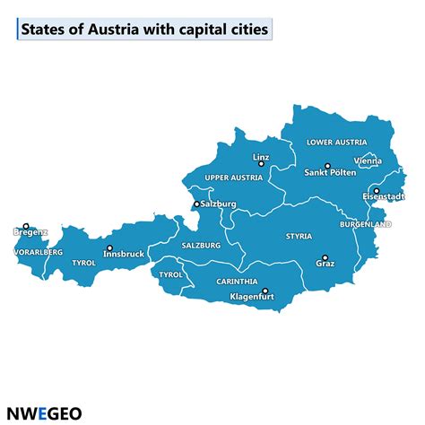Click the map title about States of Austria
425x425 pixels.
tap(144, 30)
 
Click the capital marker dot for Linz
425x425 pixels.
tap(261, 165)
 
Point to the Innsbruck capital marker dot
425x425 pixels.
tap(109, 248)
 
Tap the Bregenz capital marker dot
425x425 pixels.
tap(26, 227)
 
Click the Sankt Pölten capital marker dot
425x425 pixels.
tap(327, 166)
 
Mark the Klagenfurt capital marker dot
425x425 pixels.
tap(265, 291)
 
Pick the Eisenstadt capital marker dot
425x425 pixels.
tap(377, 190)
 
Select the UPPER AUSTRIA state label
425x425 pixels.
tap(233, 178)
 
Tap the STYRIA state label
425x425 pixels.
tap(299, 237)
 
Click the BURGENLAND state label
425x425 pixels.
tap(366, 224)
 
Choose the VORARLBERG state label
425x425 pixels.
tap(39, 253)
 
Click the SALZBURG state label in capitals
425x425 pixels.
tap(201, 245)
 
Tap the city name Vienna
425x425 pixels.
tap(368, 160)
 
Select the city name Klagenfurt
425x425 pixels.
tap(252, 297)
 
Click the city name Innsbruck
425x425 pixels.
tap(124, 255)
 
